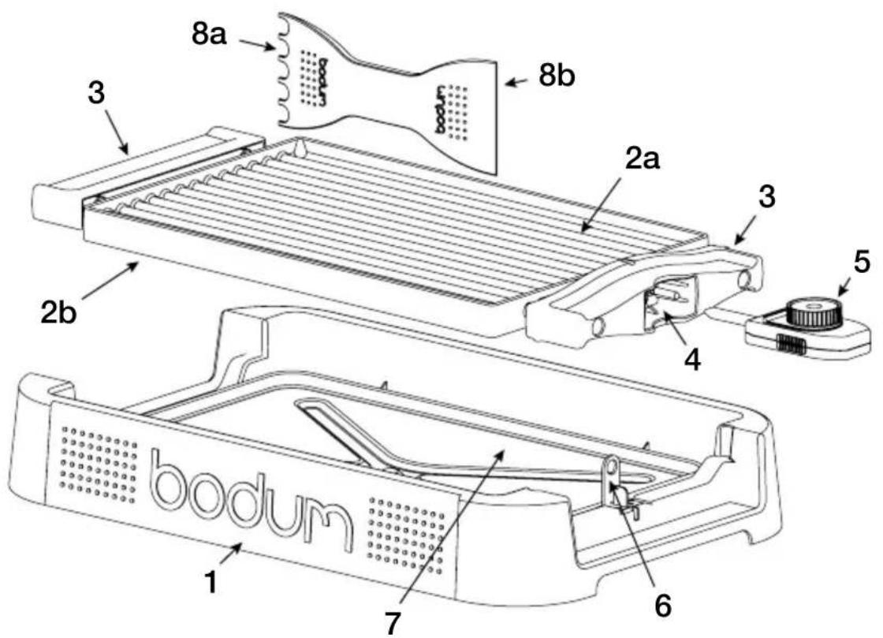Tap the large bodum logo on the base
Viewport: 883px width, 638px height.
[250, 500]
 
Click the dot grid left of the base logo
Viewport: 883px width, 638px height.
[99, 463]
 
